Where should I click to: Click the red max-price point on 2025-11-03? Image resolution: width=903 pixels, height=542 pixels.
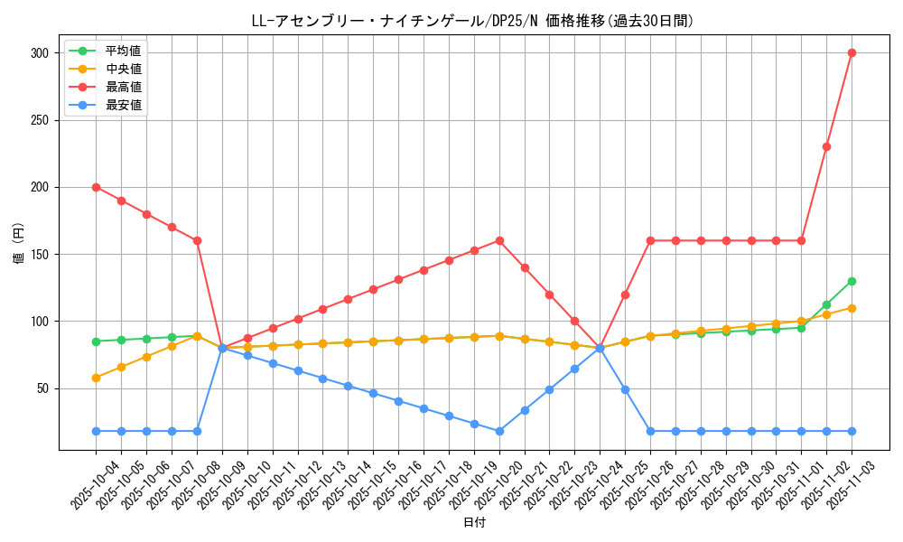(852, 52)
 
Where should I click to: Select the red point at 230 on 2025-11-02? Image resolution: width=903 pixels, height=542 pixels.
(826, 146)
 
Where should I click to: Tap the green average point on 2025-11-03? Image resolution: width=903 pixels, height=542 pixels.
(852, 281)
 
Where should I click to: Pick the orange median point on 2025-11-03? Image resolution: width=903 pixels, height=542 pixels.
(852, 308)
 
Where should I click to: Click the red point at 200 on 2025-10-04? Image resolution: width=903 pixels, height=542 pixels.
(96, 187)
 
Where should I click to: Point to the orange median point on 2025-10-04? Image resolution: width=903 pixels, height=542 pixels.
(96, 378)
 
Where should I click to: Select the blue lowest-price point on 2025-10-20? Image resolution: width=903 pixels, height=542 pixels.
(499, 431)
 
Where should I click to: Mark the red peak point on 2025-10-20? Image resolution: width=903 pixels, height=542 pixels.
(499, 240)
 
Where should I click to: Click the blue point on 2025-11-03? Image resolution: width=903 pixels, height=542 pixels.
(852, 431)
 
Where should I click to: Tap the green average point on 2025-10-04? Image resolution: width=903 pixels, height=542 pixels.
(96, 341)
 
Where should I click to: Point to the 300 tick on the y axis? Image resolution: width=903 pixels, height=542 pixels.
(41, 53)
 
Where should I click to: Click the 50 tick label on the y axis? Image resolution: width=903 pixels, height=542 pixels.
(43, 388)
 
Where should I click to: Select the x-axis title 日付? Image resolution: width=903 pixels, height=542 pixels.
(473, 523)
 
